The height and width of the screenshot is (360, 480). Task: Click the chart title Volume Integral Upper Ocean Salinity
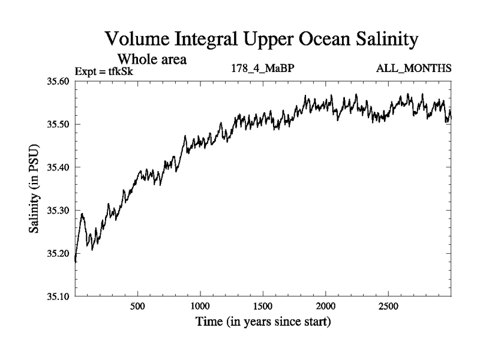[x=261, y=40]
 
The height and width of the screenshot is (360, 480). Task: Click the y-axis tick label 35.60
[x=59, y=82]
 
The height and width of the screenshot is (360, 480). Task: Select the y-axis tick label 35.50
[x=59, y=125]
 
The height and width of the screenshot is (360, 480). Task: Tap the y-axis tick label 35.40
[x=59, y=167]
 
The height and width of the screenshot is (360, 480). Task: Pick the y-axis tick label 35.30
[x=59, y=211]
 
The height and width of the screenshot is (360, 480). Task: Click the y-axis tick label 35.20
[x=59, y=253]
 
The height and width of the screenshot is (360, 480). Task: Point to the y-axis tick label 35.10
[x=59, y=296]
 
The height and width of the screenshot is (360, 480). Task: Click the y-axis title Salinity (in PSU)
[x=34, y=189]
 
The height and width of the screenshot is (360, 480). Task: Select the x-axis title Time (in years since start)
[x=263, y=322]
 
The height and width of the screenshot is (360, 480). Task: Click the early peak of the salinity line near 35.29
[x=82, y=214]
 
